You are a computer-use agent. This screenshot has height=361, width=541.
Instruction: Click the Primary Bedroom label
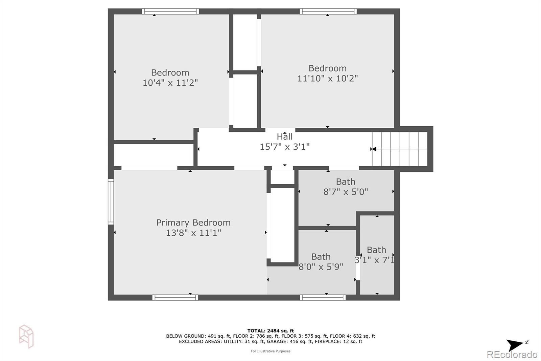[193, 222]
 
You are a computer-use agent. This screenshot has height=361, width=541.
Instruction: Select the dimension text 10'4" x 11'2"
[170, 83]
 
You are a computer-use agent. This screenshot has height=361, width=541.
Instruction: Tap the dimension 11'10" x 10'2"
[328, 78]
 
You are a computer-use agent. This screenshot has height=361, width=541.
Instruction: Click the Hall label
[284, 136]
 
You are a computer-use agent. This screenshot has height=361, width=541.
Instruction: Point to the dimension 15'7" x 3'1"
[284, 147]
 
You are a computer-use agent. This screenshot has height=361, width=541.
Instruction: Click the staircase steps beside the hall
[400, 149]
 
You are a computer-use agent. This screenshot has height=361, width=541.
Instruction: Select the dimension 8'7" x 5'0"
[346, 192]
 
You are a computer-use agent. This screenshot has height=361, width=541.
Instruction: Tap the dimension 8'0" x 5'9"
[321, 267]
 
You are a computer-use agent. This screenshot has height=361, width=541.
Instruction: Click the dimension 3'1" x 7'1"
[374, 260]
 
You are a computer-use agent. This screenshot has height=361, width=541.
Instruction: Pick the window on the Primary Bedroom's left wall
[111, 202]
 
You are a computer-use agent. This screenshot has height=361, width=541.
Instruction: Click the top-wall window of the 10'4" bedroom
[170, 12]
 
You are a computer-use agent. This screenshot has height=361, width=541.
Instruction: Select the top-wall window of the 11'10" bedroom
[328, 12]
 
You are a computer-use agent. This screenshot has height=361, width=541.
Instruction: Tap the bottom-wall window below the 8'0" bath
[323, 298]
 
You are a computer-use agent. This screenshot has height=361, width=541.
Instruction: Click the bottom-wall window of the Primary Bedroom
[175, 298]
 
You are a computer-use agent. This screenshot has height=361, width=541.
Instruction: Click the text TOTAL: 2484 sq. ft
[270, 331]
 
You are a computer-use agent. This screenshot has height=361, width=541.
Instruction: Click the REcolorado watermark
[512, 355]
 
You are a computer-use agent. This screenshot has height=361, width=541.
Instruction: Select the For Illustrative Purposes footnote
[270, 351]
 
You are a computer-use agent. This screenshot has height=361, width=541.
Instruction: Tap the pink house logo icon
[26, 336]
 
